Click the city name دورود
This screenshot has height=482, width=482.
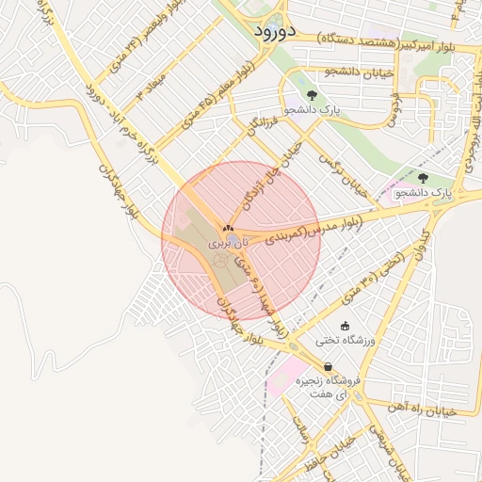pyautogui.click(x=277, y=31)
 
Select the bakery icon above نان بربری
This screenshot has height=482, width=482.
pyautogui.click(x=227, y=229)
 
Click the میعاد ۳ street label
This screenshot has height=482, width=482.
pyautogui.click(x=151, y=82)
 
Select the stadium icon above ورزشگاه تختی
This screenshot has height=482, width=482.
pyautogui.click(x=345, y=325)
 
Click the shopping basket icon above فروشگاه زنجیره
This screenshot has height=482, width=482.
pyautogui.click(x=327, y=367)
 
